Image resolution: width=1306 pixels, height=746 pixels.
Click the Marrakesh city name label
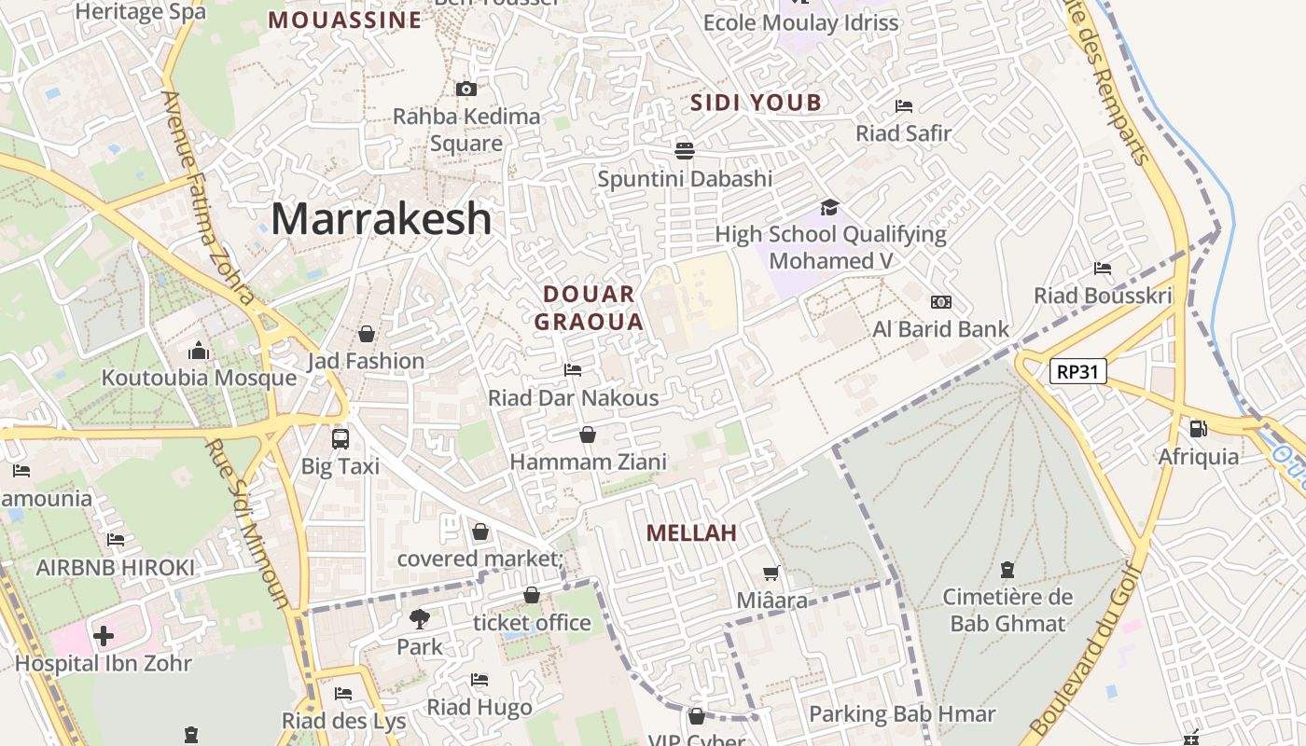point(382,219)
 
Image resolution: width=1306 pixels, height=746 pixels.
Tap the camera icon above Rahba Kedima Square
point(466,90)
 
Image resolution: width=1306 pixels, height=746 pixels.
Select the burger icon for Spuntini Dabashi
point(685,150)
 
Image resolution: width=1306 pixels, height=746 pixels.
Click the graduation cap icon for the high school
point(829,207)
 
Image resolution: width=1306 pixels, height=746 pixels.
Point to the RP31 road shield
point(1077,372)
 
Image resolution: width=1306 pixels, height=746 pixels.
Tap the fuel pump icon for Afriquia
point(1198,429)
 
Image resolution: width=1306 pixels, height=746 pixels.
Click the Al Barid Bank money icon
point(940,302)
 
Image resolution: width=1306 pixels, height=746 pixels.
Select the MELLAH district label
point(691,533)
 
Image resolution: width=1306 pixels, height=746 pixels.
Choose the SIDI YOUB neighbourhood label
point(756,104)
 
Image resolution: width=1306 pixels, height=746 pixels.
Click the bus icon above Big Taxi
point(340,438)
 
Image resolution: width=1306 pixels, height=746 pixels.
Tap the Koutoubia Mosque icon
point(199,352)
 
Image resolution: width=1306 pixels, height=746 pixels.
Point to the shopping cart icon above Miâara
point(771,573)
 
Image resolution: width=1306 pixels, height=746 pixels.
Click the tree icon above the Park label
point(420,618)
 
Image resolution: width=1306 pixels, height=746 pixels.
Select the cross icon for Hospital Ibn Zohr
point(104,636)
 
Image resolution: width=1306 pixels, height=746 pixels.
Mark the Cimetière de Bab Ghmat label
point(1007,610)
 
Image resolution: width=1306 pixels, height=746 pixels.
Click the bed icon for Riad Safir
point(903,106)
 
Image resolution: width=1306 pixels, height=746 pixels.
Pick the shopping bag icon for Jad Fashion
point(367,334)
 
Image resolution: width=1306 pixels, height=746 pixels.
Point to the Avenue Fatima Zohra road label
point(207,198)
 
